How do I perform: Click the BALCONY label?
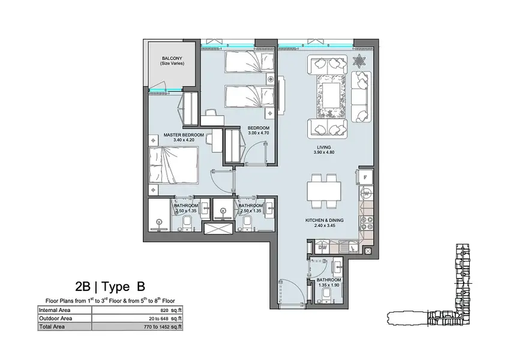172,58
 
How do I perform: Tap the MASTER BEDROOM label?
184,135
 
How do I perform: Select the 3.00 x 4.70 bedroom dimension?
259,133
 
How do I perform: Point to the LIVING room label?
324,147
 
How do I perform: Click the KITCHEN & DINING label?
325,220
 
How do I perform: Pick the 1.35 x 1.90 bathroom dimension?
329,285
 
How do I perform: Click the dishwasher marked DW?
323,248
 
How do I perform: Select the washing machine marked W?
367,193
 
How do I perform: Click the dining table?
324,191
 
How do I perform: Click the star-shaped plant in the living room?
359,61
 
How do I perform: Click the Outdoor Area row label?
56,318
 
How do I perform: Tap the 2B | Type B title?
110,287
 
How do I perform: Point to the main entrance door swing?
292,290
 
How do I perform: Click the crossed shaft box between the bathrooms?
219,228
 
